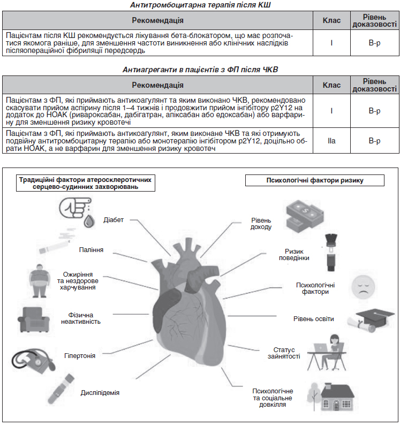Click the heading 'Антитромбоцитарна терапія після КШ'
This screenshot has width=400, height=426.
[200, 5]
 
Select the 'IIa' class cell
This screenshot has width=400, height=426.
[331, 141]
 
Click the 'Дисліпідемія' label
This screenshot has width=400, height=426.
[100, 393]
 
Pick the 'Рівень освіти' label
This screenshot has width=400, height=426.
[313, 319]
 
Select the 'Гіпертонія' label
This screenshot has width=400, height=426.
[80, 355]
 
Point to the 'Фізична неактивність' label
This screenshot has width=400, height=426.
[84, 318]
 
